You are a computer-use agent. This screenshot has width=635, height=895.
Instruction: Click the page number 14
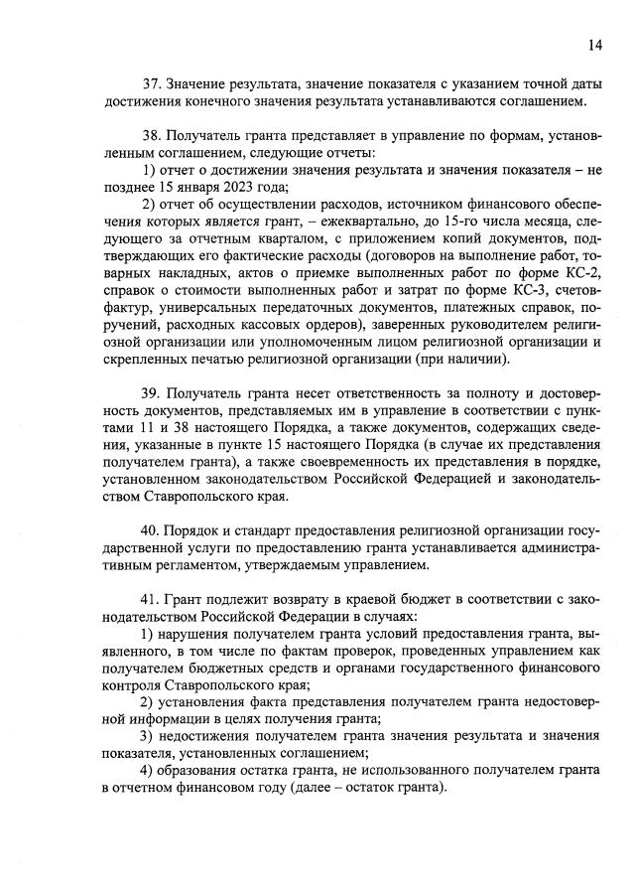(594, 45)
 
